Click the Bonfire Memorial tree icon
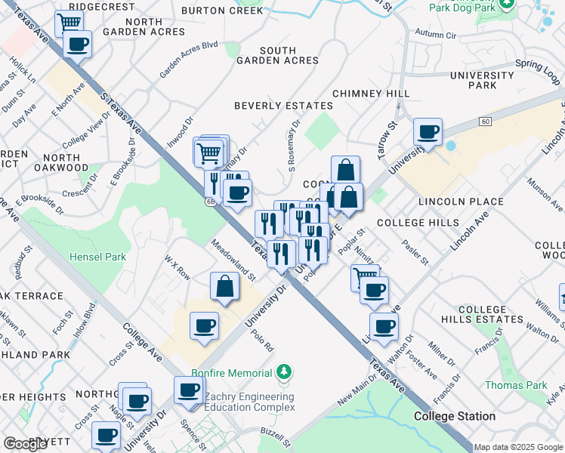pos(283,372)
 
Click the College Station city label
pos(455,416)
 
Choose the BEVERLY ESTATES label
pos(283,106)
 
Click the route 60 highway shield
pos(484,121)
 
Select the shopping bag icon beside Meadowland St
pos(225,287)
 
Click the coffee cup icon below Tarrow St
pos(428,133)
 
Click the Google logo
pos(25,444)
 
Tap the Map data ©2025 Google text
pos(519,447)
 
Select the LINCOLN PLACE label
pos(461,202)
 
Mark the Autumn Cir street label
pos(437,35)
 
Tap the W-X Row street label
pos(178,267)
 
